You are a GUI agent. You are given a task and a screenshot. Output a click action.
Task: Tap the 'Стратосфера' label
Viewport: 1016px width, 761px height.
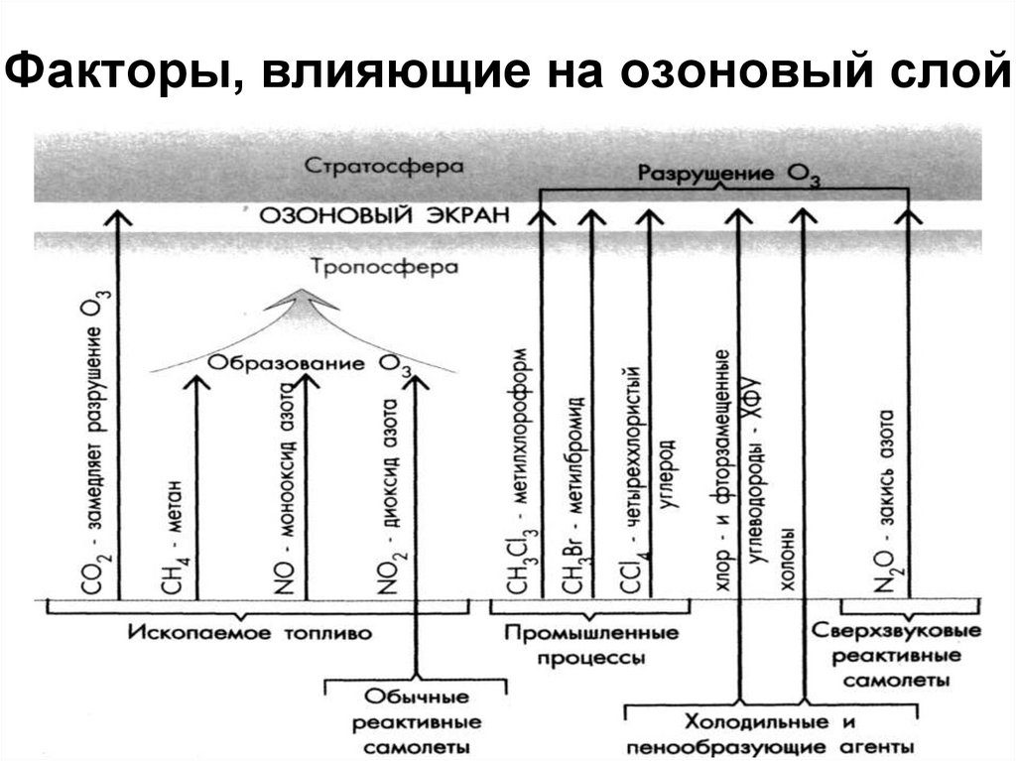(x=384, y=166)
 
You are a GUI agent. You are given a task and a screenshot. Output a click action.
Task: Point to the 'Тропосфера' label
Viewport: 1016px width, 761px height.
(x=383, y=268)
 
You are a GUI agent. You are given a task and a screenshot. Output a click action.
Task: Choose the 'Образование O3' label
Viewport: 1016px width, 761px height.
(x=309, y=363)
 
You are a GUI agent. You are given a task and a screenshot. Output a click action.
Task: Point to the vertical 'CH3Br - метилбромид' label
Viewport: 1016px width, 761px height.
(x=574, y=496)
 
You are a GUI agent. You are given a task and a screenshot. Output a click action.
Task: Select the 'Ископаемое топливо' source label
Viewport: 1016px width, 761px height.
(x=250, y=632)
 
